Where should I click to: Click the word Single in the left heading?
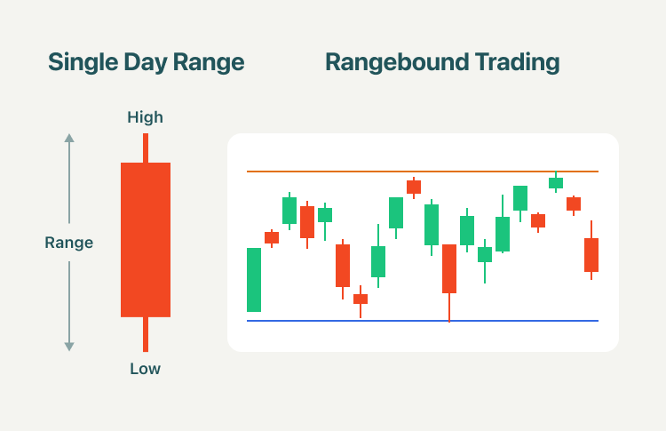(83, 62)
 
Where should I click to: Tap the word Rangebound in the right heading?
(397, 62)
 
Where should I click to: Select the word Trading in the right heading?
(517, 62)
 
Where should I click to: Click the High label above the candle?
(146, 117)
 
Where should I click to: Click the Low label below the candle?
(146, 369)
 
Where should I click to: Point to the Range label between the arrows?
(68, 243)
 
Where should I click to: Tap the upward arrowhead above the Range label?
(69, 138)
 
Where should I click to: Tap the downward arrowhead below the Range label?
(69, 347)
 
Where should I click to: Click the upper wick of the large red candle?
(146, 148)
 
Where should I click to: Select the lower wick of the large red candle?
(146, 334)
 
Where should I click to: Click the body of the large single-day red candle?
(146, 240)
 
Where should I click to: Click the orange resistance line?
(423, 172)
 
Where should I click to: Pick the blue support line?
(423, 321)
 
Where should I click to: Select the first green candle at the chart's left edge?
(254, 280)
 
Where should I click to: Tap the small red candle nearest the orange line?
(414, 187)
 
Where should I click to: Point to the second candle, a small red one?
(272, 237)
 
